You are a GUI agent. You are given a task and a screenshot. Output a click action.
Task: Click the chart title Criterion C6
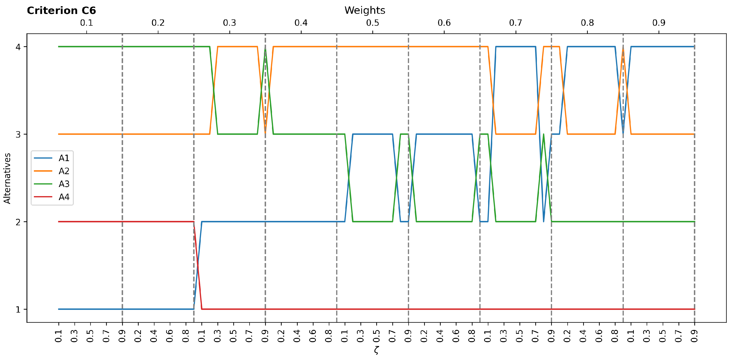[61, 11]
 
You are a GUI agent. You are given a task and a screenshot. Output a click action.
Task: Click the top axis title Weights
[365, 11]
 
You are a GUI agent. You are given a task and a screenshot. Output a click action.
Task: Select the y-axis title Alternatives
[7, 178]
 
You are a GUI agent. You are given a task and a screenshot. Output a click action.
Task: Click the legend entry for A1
[64, 158]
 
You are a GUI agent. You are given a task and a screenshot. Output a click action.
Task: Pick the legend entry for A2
[64, 171]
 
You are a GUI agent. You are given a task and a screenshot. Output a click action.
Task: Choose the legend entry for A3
[64, 184]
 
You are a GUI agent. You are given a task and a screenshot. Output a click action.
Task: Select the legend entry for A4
[64, 197]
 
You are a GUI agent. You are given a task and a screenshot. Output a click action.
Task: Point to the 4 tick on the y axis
[18, 47]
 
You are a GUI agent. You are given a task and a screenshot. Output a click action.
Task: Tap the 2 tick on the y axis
[18, 222]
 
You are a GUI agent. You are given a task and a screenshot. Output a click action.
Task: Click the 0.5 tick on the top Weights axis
[373, 23]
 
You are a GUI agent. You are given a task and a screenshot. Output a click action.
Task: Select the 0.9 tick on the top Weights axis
[659, 23]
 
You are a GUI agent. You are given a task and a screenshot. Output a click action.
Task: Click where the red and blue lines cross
[198, 266]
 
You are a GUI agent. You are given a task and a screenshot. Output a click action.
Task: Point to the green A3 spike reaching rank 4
[265, 49]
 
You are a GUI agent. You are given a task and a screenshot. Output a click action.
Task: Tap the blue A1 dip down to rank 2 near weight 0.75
[543, 221]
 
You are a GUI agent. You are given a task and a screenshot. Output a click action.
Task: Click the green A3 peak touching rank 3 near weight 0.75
[543, 135]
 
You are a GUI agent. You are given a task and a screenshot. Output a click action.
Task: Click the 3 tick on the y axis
[18, 135]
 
